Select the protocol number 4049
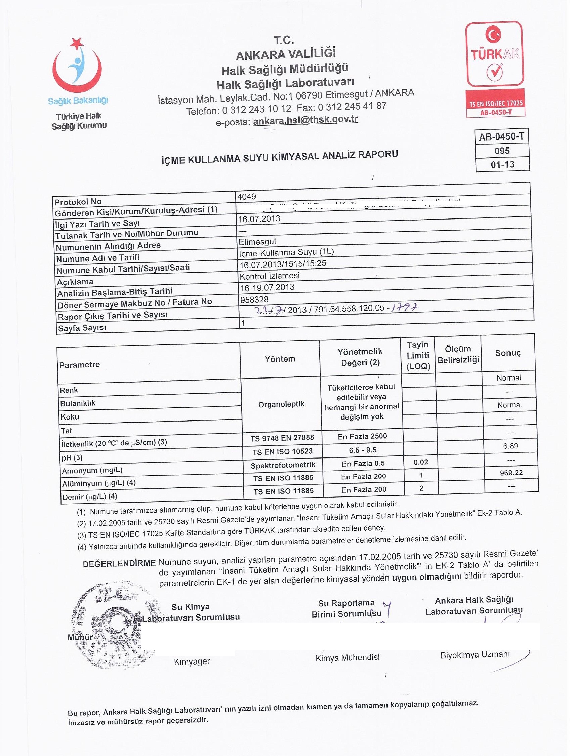[x=247, y=197]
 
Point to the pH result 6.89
[x=510, y=446]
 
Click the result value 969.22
[x=511, y=473]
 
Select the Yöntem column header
[x=280, y=359]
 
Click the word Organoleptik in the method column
[x=281, y=404]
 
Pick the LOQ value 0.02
[x=421, y=462]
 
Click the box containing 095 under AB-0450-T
[x=502, y=151]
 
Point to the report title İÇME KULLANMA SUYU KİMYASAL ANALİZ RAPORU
[x=280, y=158]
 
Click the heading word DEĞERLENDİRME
[x=119, y=564]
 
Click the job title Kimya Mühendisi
[x=348, y=657]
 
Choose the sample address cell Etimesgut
[x=258, y=242]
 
